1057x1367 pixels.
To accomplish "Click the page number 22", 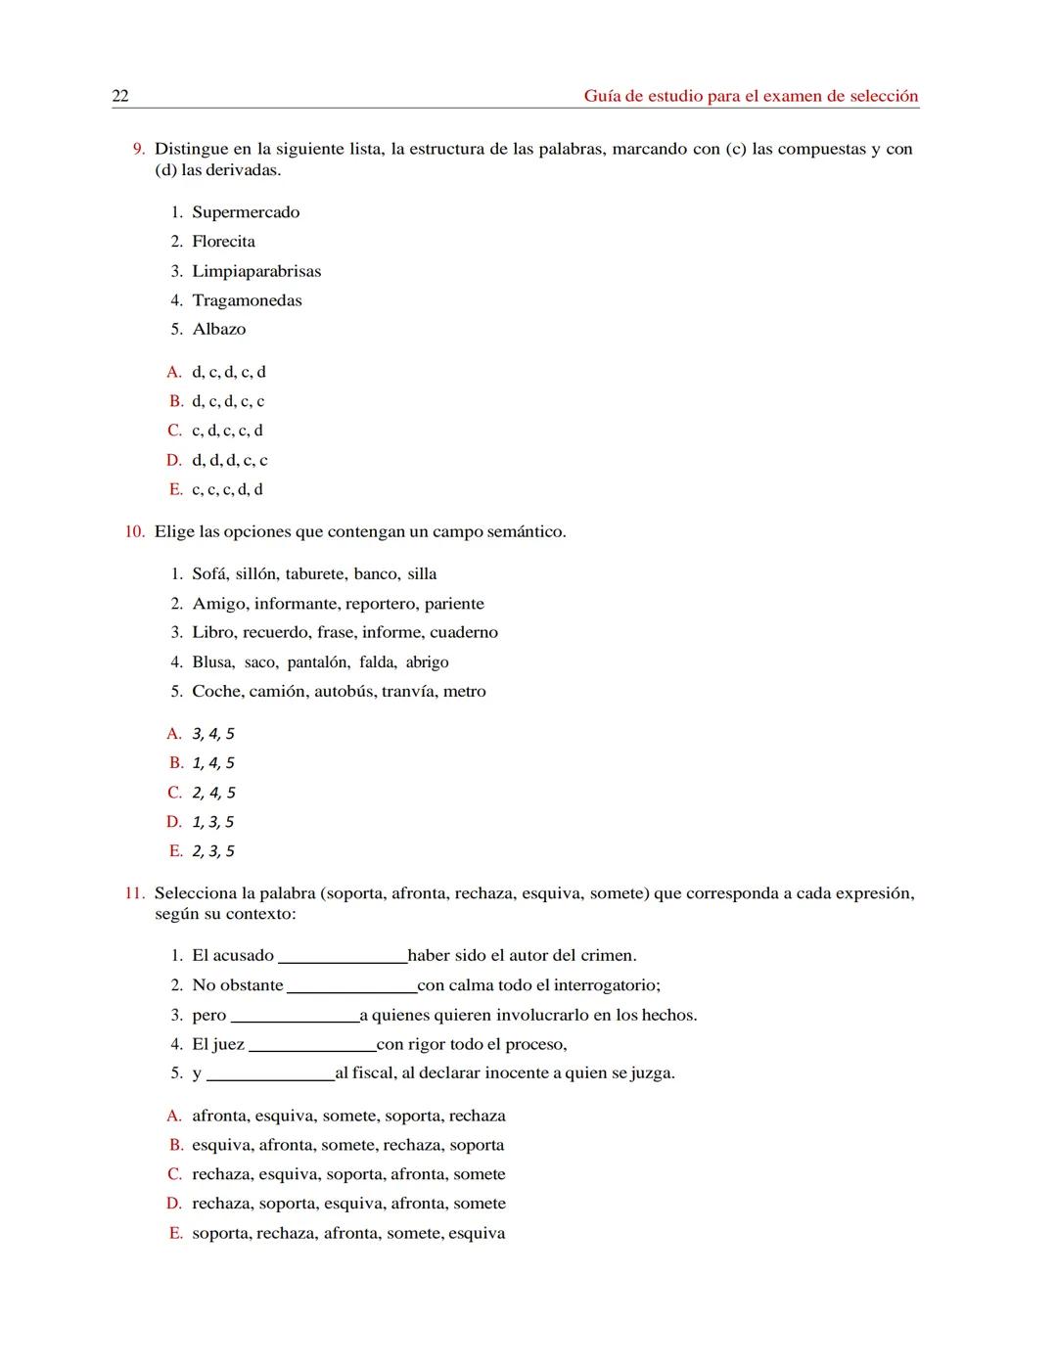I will [120, 96].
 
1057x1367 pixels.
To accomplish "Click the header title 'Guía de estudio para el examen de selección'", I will [751, 96].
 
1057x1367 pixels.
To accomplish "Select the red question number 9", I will [139, 149].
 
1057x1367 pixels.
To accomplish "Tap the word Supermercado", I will [246, 212].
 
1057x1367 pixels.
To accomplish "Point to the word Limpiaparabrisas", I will [256, 271].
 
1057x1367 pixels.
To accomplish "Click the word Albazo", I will [219, 330].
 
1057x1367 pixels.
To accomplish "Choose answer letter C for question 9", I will [174, 431].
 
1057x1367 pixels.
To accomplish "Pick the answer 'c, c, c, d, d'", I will [227, 489].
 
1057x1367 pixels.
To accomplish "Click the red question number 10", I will [135, 532].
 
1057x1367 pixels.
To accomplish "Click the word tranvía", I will [407, 692].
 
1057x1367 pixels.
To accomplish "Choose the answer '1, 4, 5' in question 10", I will [213, 763].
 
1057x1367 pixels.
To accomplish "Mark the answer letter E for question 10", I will [175, 851].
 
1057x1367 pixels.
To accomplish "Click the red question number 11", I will [135, 893].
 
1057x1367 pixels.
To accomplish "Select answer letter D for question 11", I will [174, 1204].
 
